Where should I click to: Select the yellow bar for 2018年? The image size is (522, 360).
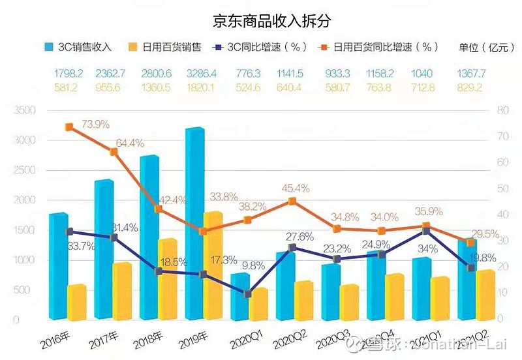[x=167, y=280]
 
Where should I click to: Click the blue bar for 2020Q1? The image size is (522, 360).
[x=240, y=297]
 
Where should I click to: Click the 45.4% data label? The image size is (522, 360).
[x=296, y=188]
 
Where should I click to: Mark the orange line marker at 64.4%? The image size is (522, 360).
[x=113, y=152]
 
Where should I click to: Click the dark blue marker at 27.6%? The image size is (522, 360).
[x=292, y=248]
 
